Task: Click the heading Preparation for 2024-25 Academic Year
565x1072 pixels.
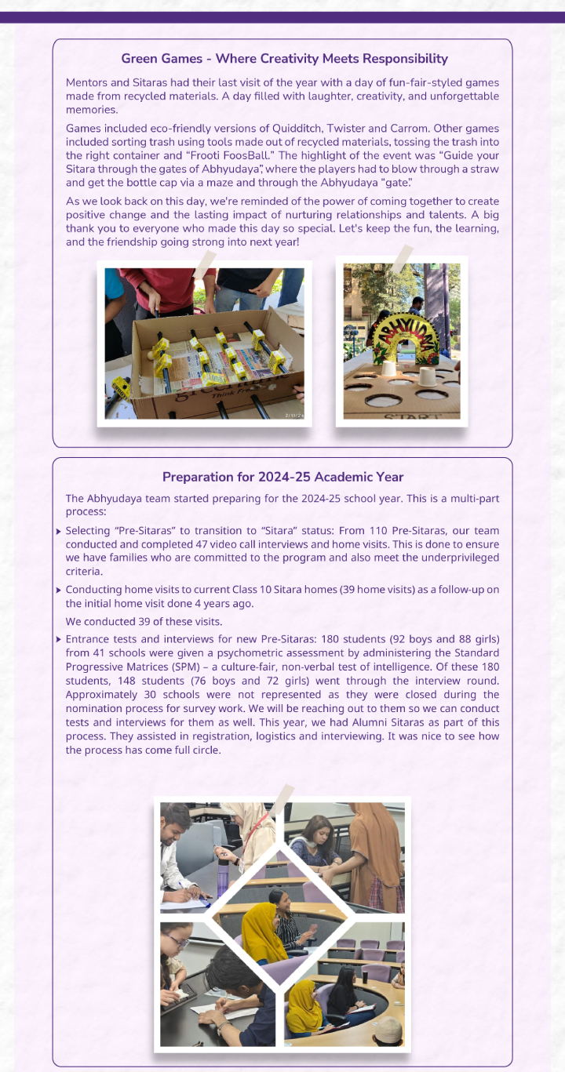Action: [282, 477]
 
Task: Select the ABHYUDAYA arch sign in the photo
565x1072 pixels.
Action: [402, 333]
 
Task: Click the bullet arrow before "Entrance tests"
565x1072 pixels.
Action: [60, 639]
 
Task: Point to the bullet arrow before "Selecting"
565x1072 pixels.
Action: [60, 532]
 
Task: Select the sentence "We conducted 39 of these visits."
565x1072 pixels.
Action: [144, 622]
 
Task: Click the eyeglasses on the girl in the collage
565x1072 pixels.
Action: [177, 941]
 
